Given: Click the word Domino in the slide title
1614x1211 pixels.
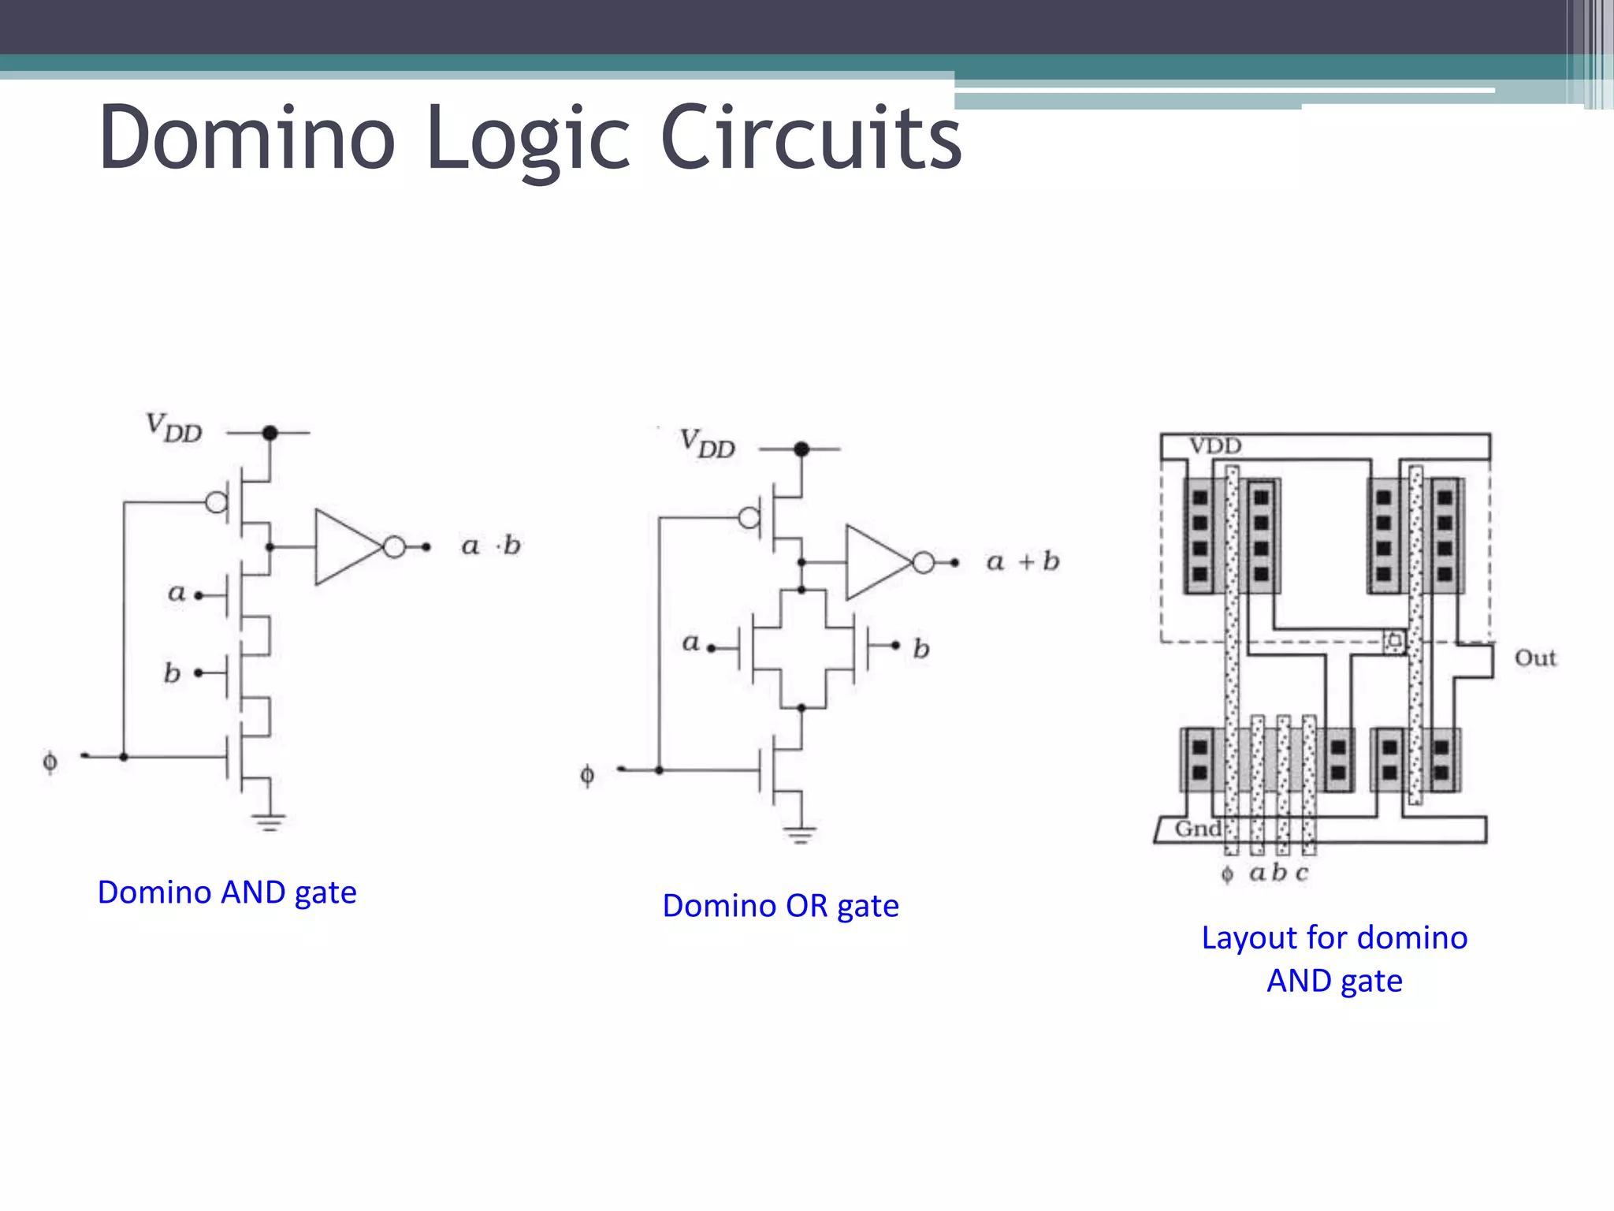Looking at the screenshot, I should tap(246, 139).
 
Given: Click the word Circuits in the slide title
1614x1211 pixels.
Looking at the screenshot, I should tap(811, 139).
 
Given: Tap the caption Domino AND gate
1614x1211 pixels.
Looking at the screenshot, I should tap(227, 892).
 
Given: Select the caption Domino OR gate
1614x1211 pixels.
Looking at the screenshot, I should tap(780, 906).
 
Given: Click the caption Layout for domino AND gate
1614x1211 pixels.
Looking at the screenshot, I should tap(1334, 959).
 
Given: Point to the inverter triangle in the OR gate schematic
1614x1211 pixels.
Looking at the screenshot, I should tap(874, 562).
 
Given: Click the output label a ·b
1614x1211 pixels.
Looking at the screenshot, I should tap(490, 546).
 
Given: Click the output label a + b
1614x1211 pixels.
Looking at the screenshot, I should tap(1022, 561).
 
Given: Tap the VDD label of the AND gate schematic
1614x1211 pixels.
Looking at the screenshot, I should tap(174, 428).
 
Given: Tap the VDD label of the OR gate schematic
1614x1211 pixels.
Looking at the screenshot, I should tap(707, 444).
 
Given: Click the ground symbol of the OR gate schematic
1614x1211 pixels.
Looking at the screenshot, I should tap(800, 835).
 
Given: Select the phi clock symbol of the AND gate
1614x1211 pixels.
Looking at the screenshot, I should tap(50, 762).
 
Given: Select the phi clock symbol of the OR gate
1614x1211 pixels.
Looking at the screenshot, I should tap(587, 776).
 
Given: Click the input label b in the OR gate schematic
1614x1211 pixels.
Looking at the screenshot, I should tap(920, 649).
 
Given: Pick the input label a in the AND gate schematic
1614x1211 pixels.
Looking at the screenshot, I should tap(177, 593).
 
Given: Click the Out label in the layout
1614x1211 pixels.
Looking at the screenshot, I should tap(1534, 658).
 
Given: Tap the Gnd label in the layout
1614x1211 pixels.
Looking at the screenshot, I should tap(1198, 829).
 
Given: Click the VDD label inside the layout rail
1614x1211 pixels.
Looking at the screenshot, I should tap(1214, 446).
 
